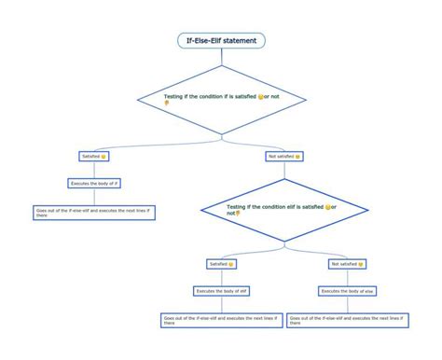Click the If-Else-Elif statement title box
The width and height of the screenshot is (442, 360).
[x=222, y=40]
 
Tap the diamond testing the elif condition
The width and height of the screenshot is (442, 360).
[x=281, y=208]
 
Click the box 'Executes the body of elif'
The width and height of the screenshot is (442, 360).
[x=222, y=291]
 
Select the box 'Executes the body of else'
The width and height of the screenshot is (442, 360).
[x=346, y=291]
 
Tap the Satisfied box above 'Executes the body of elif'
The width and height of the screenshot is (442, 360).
[x=222, y=264]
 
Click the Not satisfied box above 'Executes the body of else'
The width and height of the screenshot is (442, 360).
[x=346, y=264]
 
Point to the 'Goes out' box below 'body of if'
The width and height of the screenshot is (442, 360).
[x=94, y=212]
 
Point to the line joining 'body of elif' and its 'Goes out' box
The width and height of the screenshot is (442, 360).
[x=222, y=304]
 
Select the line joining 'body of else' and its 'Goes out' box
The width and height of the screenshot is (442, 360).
[x=346, y=304]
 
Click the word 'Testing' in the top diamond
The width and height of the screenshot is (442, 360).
[x=174, y=96]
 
